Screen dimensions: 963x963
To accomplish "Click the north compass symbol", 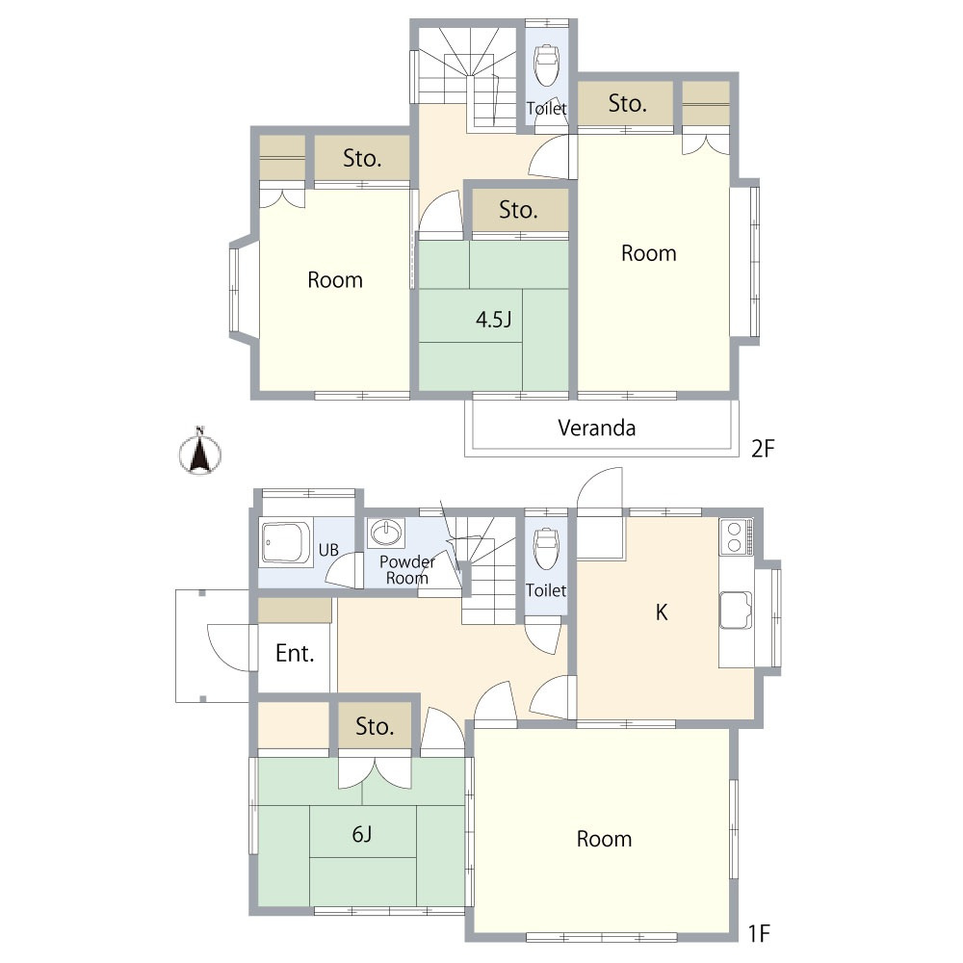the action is pos(199,452).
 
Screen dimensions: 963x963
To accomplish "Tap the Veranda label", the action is pos(596,428).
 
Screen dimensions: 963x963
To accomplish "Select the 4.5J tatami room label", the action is pos(494,320).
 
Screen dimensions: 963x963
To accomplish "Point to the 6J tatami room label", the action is pos(362,834).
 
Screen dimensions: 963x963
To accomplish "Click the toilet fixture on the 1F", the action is pos(546,548).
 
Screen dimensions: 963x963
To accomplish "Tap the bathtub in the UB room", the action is pos(286,542).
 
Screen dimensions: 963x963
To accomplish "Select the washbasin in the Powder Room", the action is pos(386,532).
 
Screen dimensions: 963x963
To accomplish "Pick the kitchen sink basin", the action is pos(736,610).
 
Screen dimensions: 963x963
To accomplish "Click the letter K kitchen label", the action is pos(662,612).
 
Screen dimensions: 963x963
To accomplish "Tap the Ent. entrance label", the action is pos(295,654).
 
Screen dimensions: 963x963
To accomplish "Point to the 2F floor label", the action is pos(763,449).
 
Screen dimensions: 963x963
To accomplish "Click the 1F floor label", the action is pos(759,933).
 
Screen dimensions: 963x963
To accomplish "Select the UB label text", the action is pos(328,550).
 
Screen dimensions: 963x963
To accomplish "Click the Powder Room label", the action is pos(406,570).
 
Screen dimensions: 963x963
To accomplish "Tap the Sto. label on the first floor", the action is pos(375,726).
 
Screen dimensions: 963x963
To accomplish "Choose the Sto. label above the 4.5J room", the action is pos(519,210).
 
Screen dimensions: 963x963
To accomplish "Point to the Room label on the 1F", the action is pos(605,839).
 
